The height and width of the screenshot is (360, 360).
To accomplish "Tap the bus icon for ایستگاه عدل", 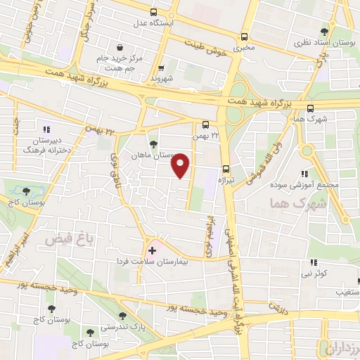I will [154, 11].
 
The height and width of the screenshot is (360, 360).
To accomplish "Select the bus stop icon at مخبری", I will [244, 37].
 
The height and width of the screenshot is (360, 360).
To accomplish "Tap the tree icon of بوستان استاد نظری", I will [324, 32].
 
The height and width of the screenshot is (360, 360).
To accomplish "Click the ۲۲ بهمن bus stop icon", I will [205, 123].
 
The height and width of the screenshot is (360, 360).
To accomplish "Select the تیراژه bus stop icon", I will [226, 168].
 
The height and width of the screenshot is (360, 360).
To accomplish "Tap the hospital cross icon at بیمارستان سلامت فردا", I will [152, 250].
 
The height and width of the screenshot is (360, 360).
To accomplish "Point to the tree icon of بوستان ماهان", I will [153, 143].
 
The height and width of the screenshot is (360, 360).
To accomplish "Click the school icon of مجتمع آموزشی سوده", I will [304, 173].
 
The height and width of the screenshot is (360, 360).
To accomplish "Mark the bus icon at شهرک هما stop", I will [310, 108].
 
